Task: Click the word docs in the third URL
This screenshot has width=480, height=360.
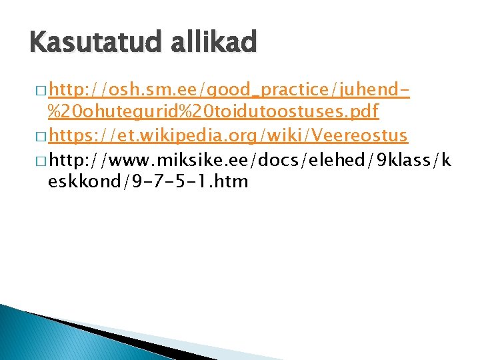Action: [281, 159]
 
